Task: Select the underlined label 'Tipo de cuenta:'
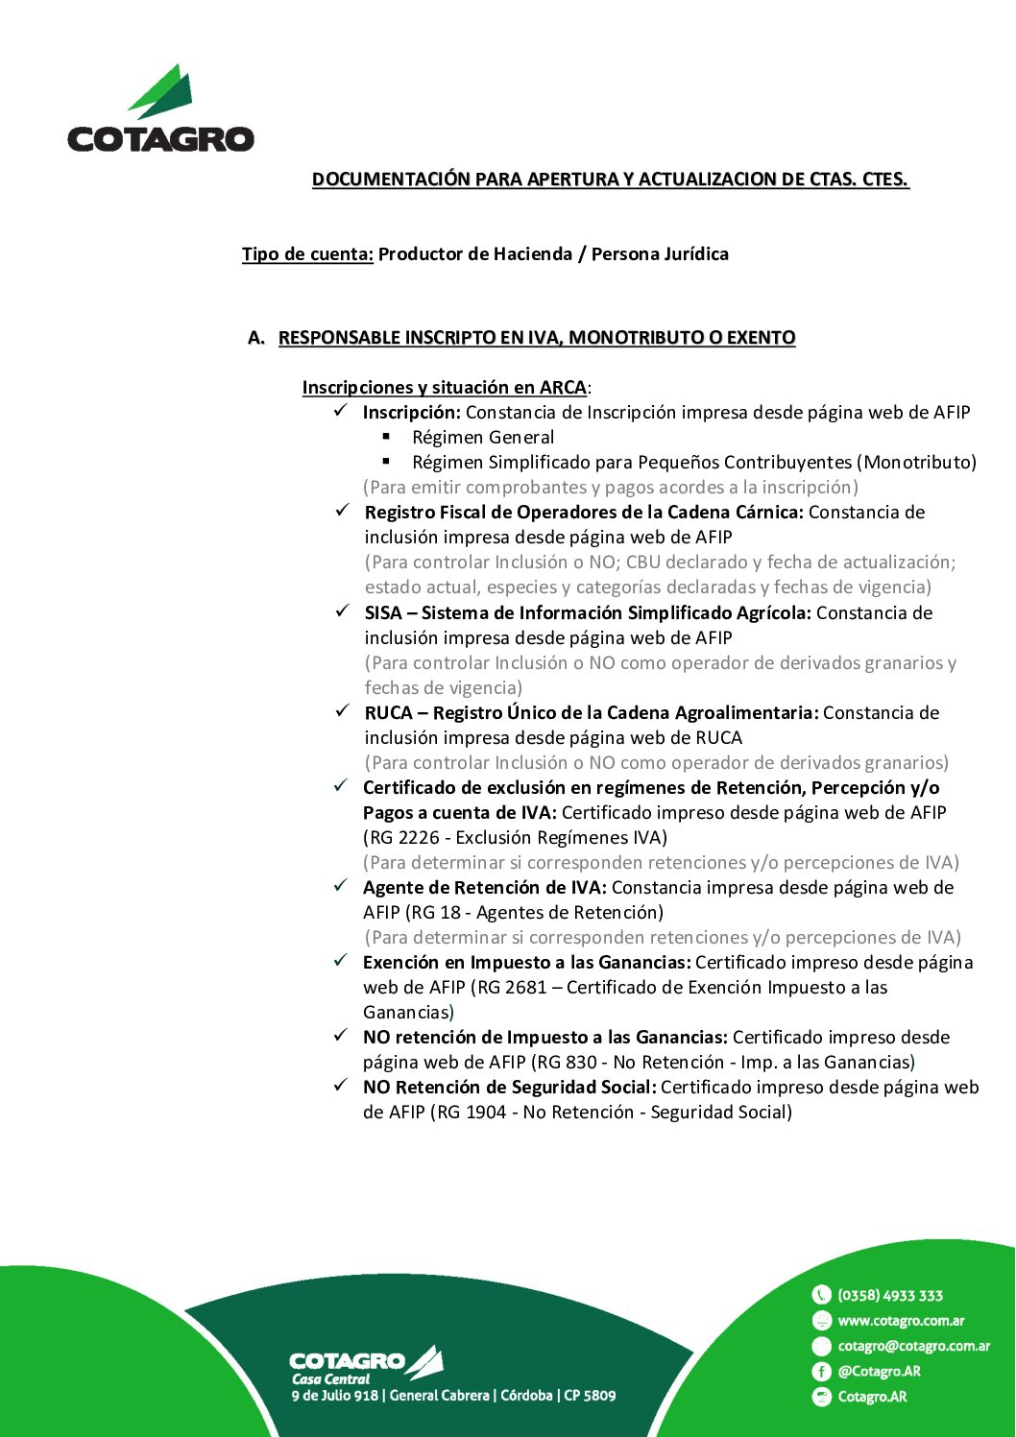pos(307,254)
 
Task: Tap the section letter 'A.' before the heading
pos(255,338)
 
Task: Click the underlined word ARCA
pos(563,388)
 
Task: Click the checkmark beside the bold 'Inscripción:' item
pos(341,411)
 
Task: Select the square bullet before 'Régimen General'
pos(387,437)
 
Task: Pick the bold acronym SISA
pos(382,613)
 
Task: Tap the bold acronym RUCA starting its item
pos(388,713)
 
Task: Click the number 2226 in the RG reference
pos(419,838)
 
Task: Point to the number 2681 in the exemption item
pos(526,988)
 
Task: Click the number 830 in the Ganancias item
pos(581,1063)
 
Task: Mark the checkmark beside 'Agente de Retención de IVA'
pos(341,886)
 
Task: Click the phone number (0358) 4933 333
pos(890,1296)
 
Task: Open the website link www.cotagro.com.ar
pos(901,1321)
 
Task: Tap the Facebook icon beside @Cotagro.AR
pos(821,1372)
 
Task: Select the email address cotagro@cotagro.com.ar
pos(913,1347)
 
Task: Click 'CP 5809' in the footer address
pos(590,1396)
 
